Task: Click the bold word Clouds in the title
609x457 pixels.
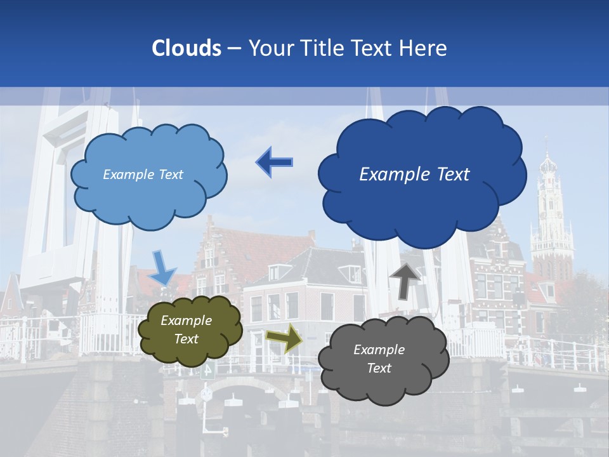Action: click(x=187, y=48)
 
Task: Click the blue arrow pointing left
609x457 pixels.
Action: click(x=275, y=162)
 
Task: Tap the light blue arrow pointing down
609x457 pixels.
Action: click(x=162, y=268)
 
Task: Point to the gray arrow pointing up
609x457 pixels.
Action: click(x=405, y=280)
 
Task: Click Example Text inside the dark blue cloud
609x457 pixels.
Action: click(x=414, y=175)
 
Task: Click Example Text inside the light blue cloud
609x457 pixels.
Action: click(x=143, y=175)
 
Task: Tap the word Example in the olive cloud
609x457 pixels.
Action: click(x=186, y=321)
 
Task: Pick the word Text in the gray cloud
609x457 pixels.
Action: click(x=379, y=368)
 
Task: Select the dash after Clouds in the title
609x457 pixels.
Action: click(x=233, y=48)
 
